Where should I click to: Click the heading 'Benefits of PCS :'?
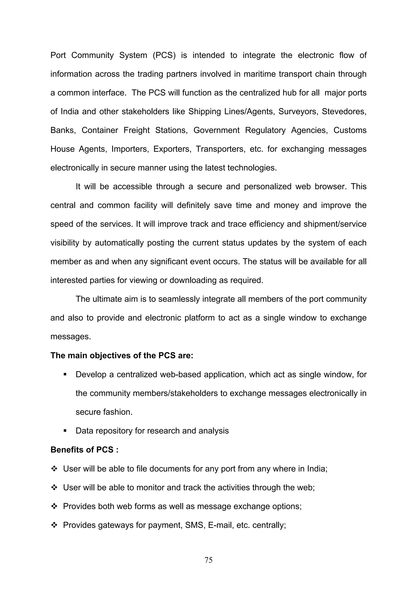[x=84, y=450]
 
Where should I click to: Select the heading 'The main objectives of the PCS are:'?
[x=122, y=355]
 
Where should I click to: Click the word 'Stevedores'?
[x=344, y=112]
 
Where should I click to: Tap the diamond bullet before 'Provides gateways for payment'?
[x=54, y=525]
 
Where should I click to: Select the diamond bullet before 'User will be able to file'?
[x=54, y=469]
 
